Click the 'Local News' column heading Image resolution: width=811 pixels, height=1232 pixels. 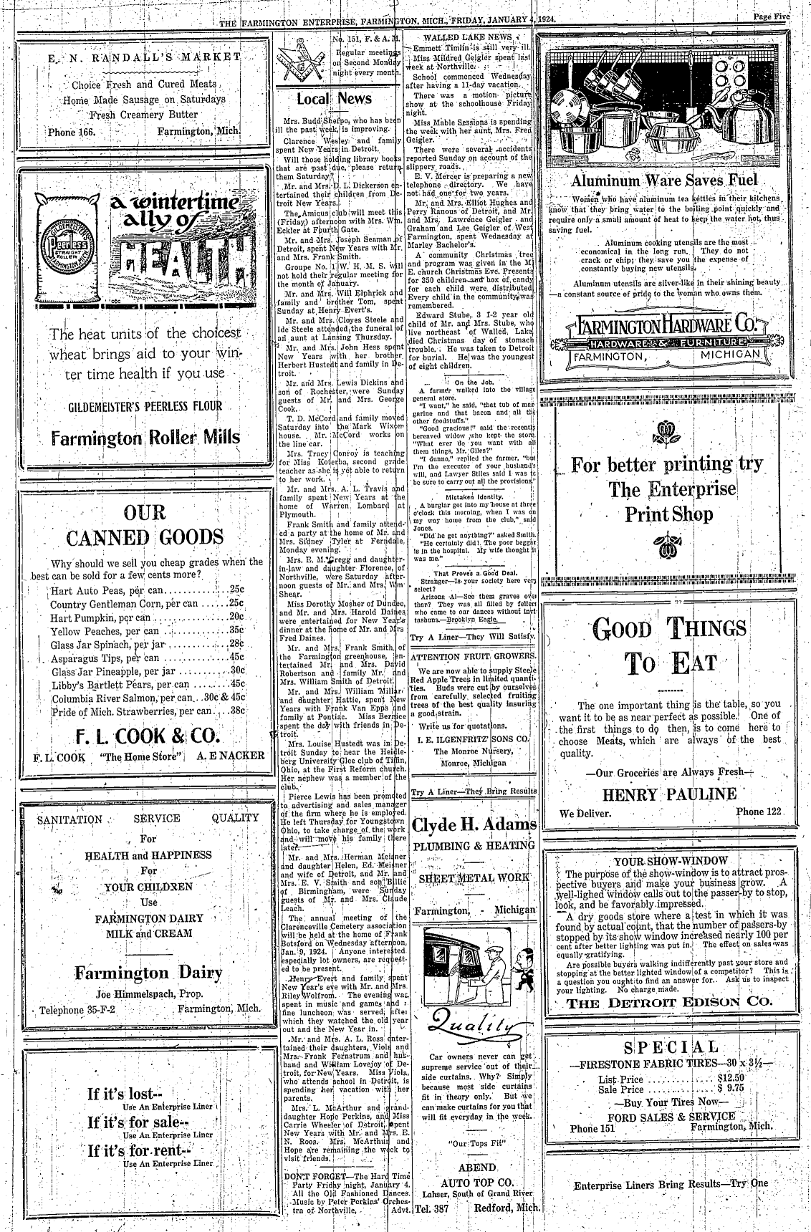334,99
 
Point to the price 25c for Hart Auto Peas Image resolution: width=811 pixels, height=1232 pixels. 236,590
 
